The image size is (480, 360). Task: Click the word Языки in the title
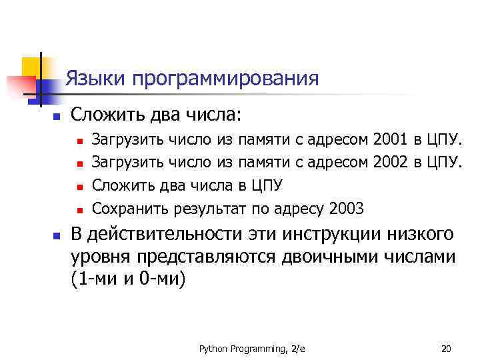[95, 79]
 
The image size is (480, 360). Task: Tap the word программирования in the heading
[225, 81]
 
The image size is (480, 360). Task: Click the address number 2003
[346, 209]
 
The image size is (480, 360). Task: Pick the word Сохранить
[131, 209]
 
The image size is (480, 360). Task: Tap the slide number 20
[446, 349]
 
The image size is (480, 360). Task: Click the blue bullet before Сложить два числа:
[39, 117]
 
